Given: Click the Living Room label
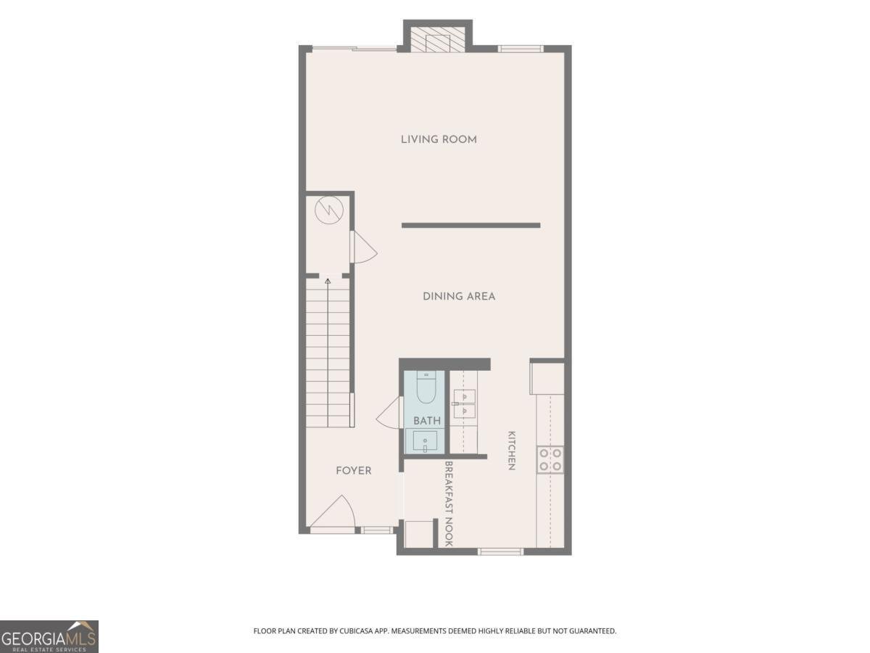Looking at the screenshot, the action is point(439,139).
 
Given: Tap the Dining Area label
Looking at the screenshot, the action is point(459,297).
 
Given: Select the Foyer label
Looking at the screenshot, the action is point(354,471).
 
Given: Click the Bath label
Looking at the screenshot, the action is point(427,421).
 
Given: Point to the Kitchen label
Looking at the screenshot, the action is point(512,451).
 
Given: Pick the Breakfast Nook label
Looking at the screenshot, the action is point(449,504).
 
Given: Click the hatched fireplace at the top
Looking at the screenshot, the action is point(438,40).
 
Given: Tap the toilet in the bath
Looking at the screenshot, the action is point(426,387).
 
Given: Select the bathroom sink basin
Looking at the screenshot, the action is point(426,441).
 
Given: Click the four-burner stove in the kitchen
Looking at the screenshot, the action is point(550,460).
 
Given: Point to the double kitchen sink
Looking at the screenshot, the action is point(464,403).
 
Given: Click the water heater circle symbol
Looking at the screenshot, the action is point(329,210).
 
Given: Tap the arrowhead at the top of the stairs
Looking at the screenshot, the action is point(328,282).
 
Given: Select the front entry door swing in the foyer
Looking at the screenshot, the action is point(332,512).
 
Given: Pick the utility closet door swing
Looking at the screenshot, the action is point(363,247).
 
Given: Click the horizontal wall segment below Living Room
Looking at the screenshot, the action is point(471,226).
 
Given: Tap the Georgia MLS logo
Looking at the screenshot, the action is point(49,636).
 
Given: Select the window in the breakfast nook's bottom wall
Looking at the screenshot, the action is point(500,551).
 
